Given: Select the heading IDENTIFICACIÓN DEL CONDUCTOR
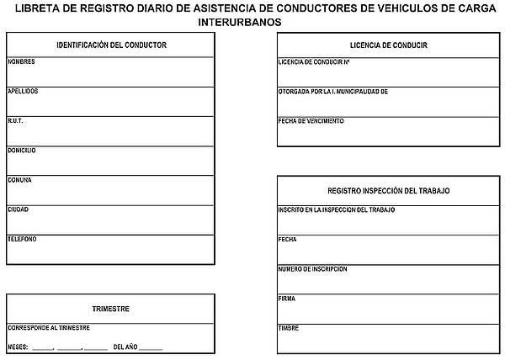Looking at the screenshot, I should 111,45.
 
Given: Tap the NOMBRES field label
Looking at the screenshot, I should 21,62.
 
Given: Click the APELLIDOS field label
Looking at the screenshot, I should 23,91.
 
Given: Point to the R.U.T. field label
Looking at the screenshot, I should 15,120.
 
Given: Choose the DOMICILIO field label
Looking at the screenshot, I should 22,150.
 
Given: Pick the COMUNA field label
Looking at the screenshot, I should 19,179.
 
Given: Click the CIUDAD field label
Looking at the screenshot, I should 19,209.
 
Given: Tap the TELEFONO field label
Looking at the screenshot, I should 22,238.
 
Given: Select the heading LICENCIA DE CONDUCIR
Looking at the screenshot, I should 388,45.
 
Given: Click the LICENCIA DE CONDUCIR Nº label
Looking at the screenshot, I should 313,62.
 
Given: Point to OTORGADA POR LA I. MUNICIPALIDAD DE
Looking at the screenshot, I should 332,91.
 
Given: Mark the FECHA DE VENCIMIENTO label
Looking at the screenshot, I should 311,120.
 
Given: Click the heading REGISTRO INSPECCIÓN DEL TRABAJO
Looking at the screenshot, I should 388,191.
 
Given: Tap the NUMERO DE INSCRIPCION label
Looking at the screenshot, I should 312,268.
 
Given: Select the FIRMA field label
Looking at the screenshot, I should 286,298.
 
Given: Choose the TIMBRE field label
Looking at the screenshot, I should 288,327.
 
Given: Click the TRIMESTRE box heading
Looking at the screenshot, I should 111,309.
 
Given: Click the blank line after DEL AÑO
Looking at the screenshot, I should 151,347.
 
